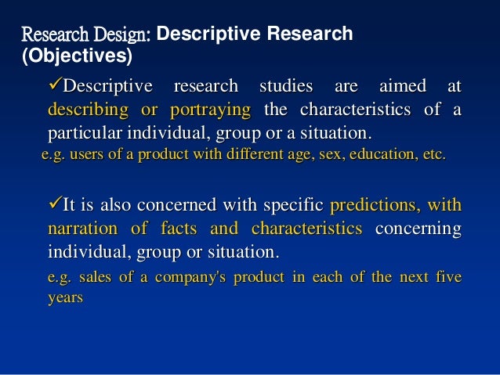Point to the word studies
[x=283, y=85]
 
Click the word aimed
[x=400, y=85]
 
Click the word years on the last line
[x=65, y=300]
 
